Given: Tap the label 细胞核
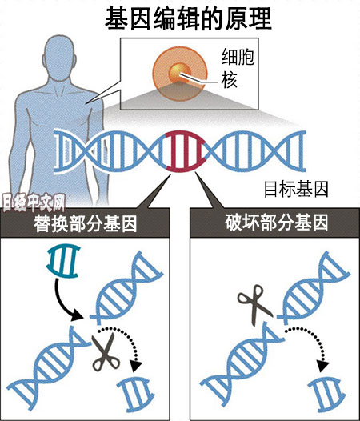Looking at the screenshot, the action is pyautogui.click(x=238, y=69).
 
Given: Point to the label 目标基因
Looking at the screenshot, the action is pyautogui.click(x=296, y=189).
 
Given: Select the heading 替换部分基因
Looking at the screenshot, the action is pyautogui.click(x=86, y=223).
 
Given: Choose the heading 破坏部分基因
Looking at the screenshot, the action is pyautogui.click(x=277, y=223).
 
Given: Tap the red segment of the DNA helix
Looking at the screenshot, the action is pyautogui.click(x=186, y=151).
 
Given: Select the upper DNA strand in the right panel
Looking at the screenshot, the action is pyautogui.click(x=314, y=287).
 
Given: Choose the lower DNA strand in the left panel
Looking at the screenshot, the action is pyautogui.click(x=47, y=368).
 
